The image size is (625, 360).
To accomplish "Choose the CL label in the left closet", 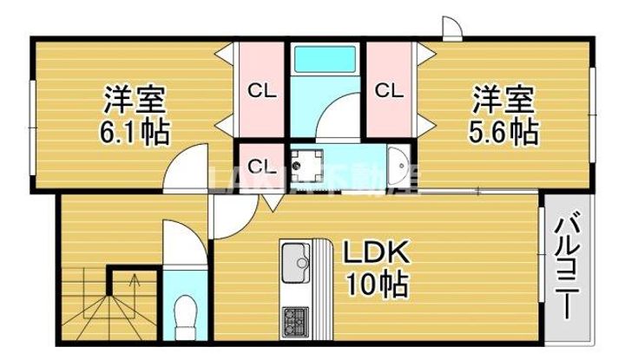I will pos(263,89).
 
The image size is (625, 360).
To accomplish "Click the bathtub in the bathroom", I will pos(325,60).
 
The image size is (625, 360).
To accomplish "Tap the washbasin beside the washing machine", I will pos(397,162).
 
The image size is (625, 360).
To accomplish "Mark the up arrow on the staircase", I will pos(133,281).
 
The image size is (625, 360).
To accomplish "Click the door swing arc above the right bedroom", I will pos(451,28).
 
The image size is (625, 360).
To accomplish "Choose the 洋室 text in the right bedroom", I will pos(497,98).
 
